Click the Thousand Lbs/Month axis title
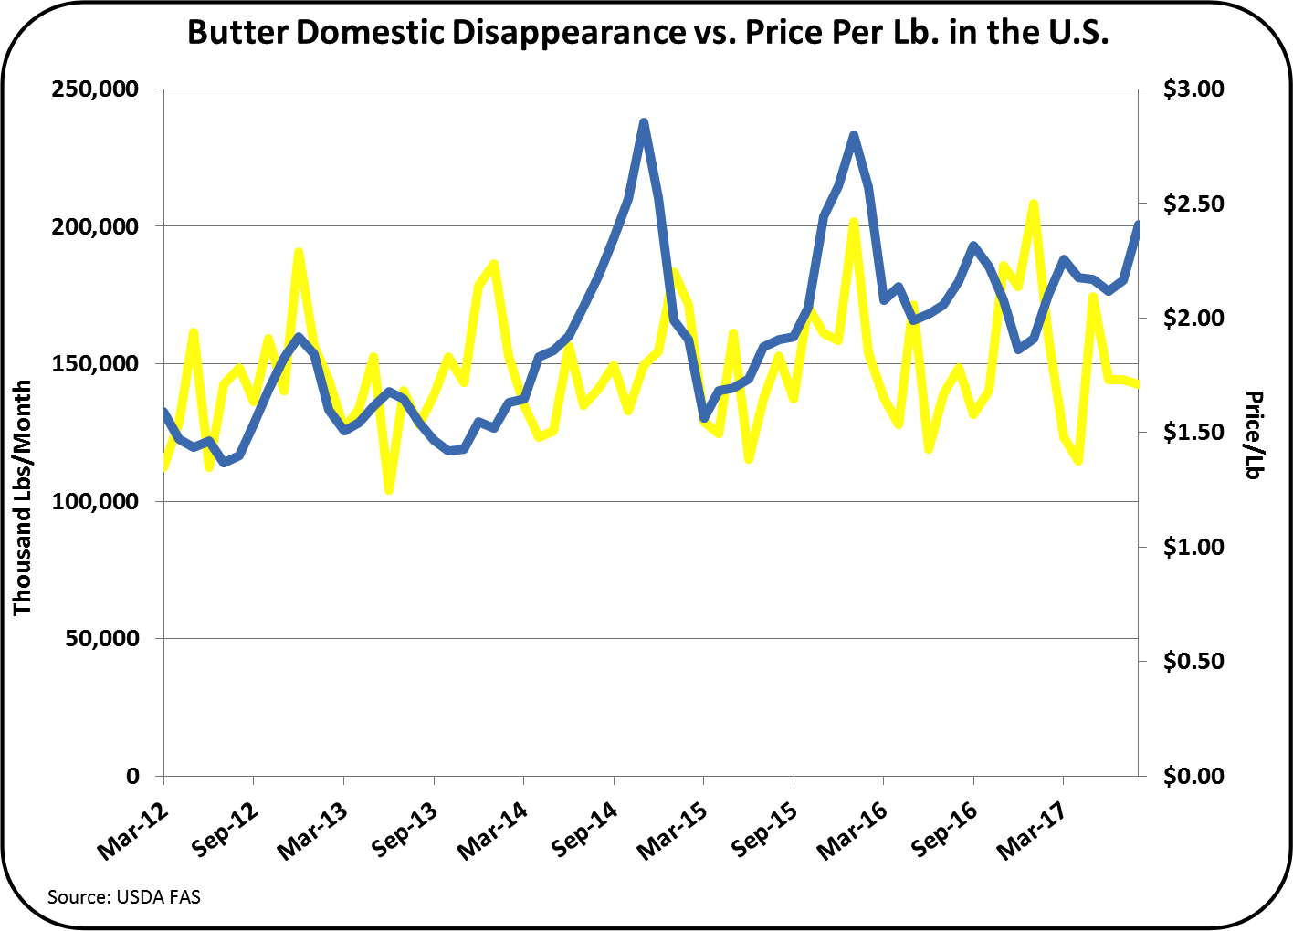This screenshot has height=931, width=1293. point(23,497)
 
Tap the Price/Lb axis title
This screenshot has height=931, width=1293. point(1254,434)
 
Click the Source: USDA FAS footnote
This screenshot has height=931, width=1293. point(124,896)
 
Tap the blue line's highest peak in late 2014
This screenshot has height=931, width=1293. point(644,121)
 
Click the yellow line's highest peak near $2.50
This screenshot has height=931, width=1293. point(1033,203)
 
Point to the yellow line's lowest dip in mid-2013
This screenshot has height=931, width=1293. point(389,491)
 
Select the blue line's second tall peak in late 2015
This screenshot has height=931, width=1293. point(854,135)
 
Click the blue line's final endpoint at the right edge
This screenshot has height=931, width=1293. point(1138,224)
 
